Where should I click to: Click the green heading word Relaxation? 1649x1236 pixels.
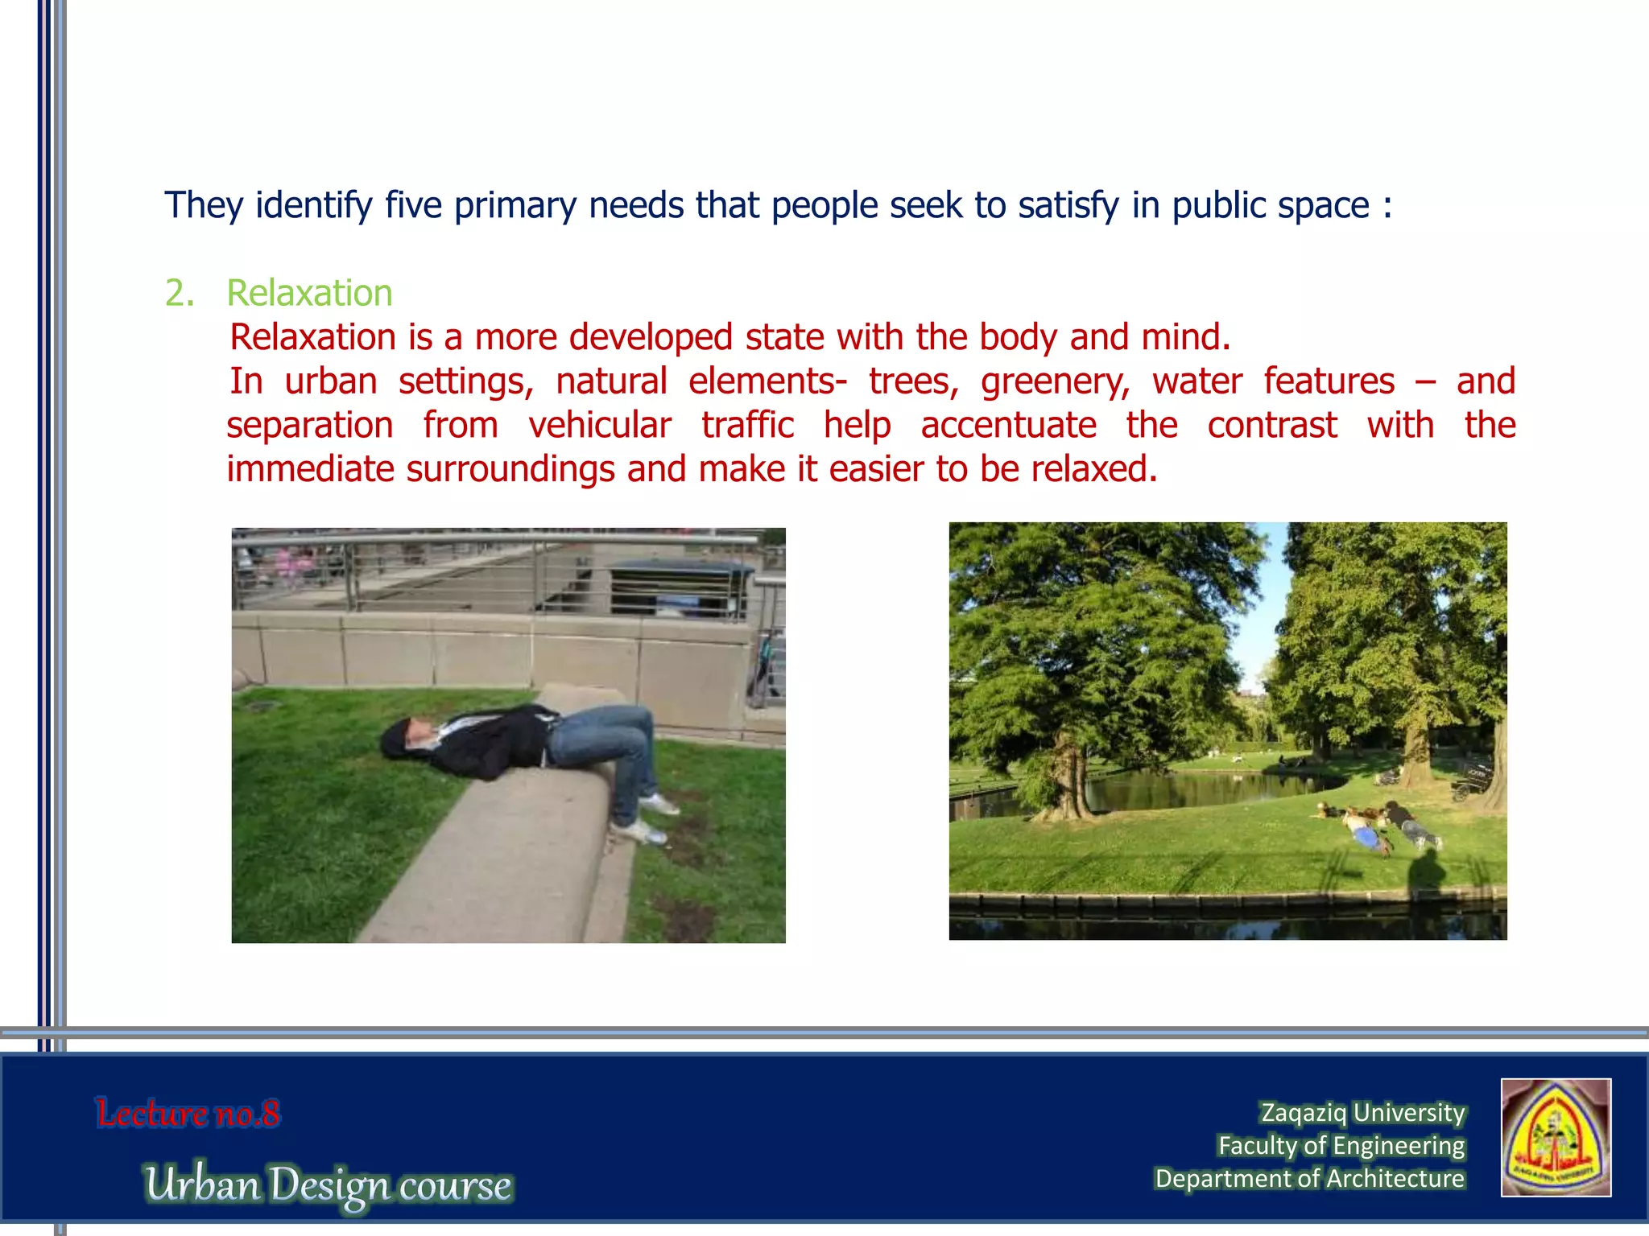tap(309, 293)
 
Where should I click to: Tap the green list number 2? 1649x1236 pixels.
tap(180, 293)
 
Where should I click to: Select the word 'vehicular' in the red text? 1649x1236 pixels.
tap(599, 425)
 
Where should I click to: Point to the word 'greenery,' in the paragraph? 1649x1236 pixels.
tap(1056, 381)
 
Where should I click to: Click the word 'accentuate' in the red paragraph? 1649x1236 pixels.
tap(1008, 425)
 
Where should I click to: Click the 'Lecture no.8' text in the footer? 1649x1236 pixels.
tap(188, 1114)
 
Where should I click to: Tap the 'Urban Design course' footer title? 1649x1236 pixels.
tap(329, 1184)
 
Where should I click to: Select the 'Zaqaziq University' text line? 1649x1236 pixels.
tap(1362, 1113)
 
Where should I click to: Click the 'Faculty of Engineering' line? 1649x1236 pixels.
tap(1341, 1146)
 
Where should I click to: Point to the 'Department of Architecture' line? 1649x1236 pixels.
tap(1309, 1179)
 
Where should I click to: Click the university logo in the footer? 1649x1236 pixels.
tap(1556, 1138)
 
